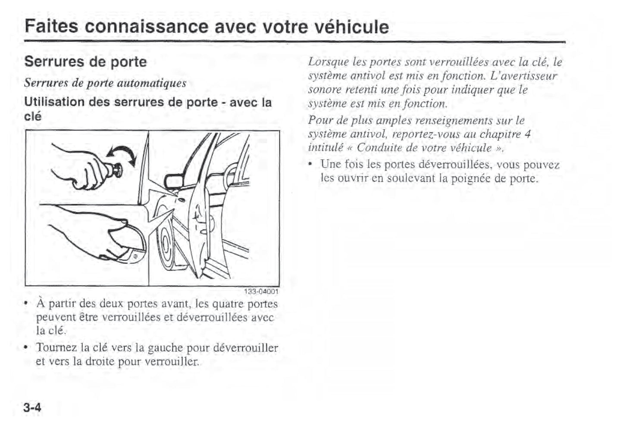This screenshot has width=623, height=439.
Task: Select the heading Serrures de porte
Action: [x=85, y=62]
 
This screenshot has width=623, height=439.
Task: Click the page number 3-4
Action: [x=33, y=407]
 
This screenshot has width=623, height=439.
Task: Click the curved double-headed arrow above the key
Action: [x=122, y=156]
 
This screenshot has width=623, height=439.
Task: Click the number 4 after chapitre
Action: [x=527, y=134]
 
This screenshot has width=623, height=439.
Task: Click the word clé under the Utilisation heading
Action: [x=33, y=116]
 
